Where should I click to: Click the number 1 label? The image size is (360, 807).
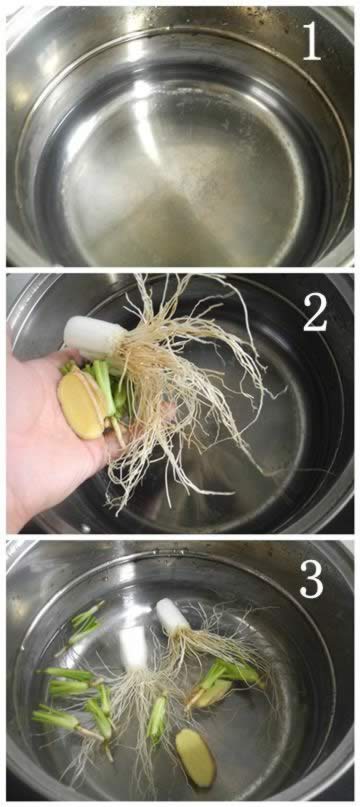tap(313, 41)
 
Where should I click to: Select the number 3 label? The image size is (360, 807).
tap(312, 579)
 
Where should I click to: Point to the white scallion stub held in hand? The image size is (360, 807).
tap(94, 336)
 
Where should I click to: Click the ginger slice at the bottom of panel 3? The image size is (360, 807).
tap(196, 757)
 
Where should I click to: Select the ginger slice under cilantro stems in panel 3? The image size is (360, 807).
tap(212, 693)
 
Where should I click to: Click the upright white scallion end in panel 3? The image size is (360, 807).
tap(133, 649)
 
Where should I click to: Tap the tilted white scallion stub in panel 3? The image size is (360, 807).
tap(173, 616)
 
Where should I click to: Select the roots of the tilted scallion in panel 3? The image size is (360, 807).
tap(216, 641)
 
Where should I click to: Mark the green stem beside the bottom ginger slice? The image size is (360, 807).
tap(158, 717)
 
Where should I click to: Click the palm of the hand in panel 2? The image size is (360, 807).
tap(46, 437)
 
